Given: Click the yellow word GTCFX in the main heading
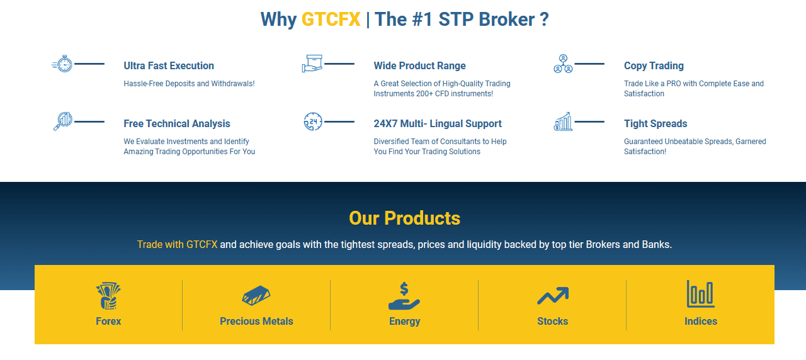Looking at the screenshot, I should pyautogui.click(x=331, y=20).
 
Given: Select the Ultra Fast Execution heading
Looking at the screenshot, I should pyautogui.click(x=169, y=65).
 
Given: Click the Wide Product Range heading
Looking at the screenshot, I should pyautogui.click(x=419, y=65).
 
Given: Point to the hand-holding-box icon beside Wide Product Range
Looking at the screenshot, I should pyautogui.click(x=312, y=64).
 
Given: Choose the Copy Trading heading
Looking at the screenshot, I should pyautogui.click(x=654, y=65).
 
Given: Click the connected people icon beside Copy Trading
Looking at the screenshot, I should pyautogui.click(x=563, y=64).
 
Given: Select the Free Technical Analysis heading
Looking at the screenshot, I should pyautogui.click(x=177, y=123).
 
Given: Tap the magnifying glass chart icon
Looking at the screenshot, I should pyautogui.click(x=63, y=121).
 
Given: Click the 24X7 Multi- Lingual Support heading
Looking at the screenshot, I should pyautogui.click(x=438, y=123).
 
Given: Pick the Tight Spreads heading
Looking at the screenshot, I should pyautogui.click(x=656, y=123).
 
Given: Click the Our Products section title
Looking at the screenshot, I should pyautogui.click(x=404, y=218).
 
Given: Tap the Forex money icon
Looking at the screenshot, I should pyautogui.click(x=108, y=296).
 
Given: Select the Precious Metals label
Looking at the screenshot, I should pyautogui.click(x=256, y=321).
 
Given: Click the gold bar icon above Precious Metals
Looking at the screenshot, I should pyautogui.click(x=256, y=296).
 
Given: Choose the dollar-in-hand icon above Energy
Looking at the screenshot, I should pyautogui.click(x=404, y=296).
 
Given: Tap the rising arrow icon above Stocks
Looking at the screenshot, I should pyautogui.click(x=552, y=296).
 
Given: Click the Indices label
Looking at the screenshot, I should pyautogui.click(x=700, y=321).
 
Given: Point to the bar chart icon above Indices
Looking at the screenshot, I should pyautogui.click(x=700, y=294).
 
